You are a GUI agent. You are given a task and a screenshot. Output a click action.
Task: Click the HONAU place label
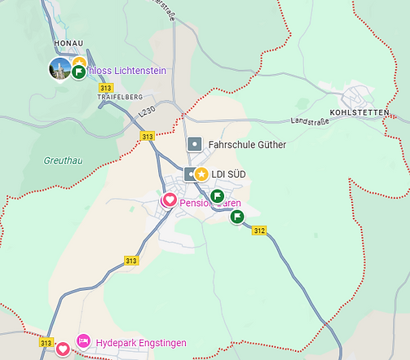tap(68, 42)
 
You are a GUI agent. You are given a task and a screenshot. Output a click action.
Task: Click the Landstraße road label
tap(310, 121)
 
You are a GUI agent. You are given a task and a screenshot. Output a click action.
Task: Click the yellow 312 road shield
tap(259, 231)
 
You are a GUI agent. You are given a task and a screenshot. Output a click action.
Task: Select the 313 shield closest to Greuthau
tap(147, 137)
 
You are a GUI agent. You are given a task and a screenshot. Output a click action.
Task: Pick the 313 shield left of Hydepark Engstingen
tap(46, 343)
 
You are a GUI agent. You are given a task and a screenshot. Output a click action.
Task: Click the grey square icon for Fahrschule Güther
tap(195, 144)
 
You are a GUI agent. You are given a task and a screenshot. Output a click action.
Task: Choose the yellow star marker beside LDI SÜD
tap(201, 173)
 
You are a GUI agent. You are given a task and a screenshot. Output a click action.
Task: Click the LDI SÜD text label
tap(228, 173)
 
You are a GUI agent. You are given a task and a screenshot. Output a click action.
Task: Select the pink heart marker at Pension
tap(169, 200)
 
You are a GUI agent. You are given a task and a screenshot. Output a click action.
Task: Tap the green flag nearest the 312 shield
tap(236, 217)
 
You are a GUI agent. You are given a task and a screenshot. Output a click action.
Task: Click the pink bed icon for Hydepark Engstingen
tap(83, 341)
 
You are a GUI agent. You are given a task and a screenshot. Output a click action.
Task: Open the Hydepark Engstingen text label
tap(141, 342)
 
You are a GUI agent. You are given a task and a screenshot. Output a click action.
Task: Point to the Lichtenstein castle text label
tap(130, 71)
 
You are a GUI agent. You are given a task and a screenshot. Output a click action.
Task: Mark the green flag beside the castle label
tap(79, 72)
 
